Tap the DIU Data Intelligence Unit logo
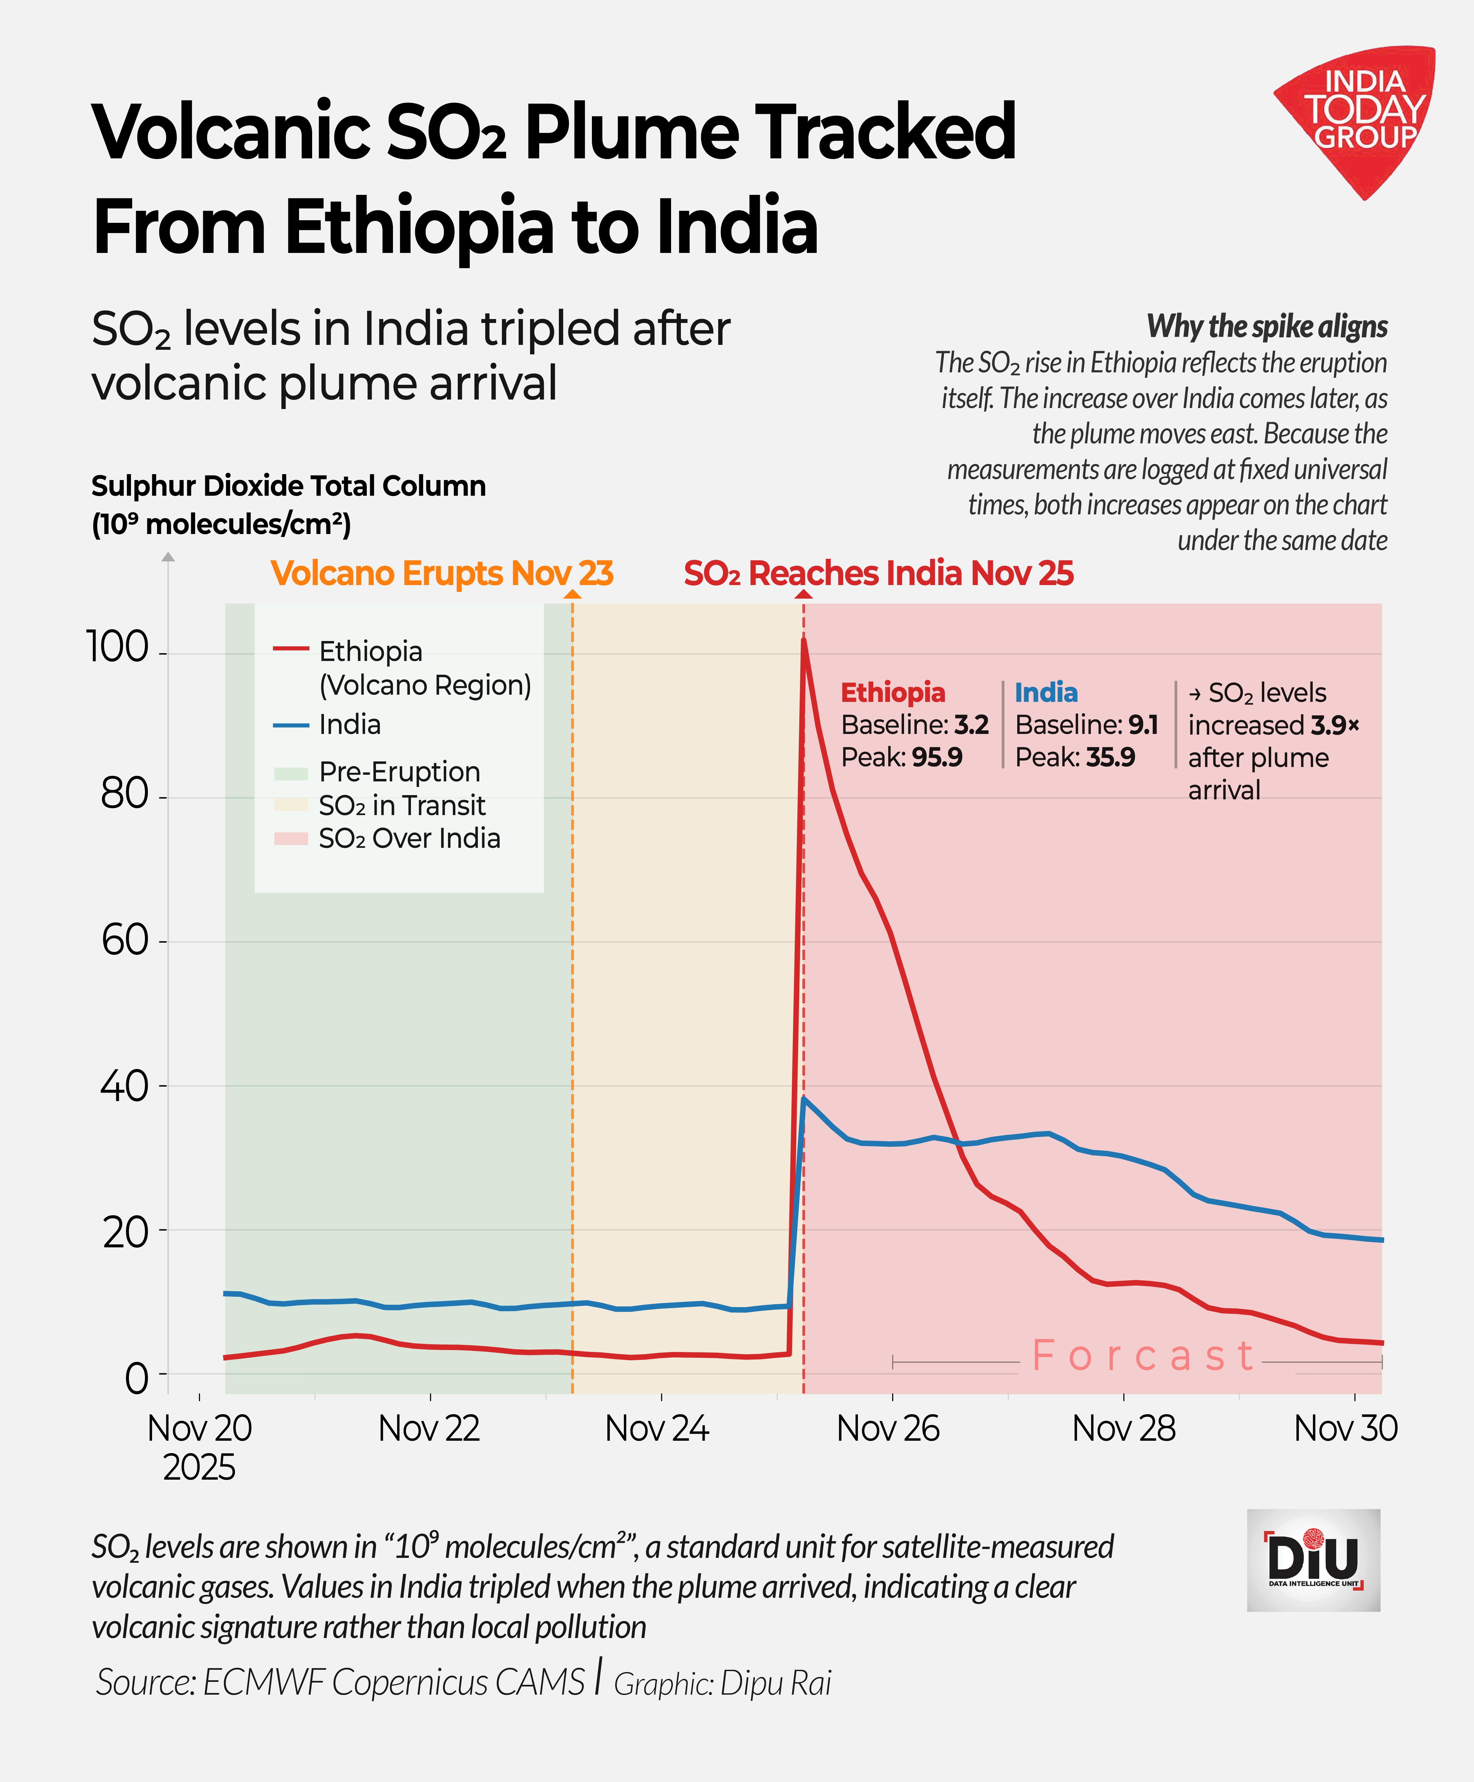click(x=1313, y=1560)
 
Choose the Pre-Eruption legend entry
click(x=399, y=771)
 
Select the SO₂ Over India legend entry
click(x=409, y=838)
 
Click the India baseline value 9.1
click(x=1142, y=725)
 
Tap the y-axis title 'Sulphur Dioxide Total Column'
click(x=289, y=486)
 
